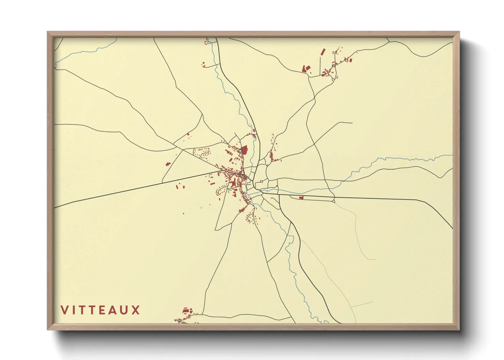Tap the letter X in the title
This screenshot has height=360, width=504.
coord(136,310)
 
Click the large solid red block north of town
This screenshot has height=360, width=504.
coord(244,150)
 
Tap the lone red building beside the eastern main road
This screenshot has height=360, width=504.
coord(301,197)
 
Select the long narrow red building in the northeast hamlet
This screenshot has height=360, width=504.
coord(323,52)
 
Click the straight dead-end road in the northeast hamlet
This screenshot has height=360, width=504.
coord(320,65)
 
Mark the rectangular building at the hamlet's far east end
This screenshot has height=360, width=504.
coord(351,60)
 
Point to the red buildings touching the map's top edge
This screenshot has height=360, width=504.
coord(206,42)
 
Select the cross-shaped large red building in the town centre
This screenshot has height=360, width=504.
coord(234,184)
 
